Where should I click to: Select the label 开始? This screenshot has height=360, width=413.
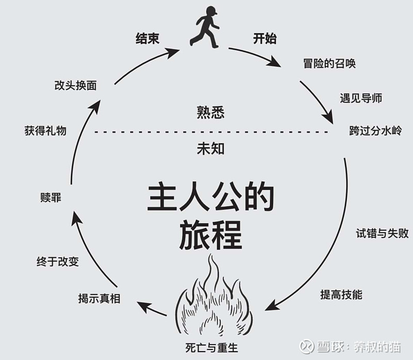point(265,38)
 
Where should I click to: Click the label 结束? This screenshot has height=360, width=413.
point(148,38)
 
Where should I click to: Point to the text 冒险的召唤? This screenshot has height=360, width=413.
point(329,64)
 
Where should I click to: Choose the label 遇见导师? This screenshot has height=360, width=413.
point(361,98)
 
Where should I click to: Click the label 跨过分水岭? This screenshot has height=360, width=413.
point(376,131)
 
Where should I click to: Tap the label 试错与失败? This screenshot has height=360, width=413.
point(382,233)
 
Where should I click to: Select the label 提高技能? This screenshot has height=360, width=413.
point(341,294)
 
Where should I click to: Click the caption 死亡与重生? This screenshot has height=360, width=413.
point(212,348)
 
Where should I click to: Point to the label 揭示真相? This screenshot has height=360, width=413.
point(99,299)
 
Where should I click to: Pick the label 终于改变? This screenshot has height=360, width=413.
point(58,262)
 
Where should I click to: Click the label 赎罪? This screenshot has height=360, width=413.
point(51,198)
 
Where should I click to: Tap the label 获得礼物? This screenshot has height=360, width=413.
point(45,131)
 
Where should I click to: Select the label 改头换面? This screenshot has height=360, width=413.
point(75,85)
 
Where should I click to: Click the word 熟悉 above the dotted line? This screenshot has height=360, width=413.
point(211,113)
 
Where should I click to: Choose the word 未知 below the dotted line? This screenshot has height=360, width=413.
point(211,149)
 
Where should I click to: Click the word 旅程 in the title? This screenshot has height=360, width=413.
point(211,235)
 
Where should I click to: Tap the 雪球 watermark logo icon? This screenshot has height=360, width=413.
point(307,346)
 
